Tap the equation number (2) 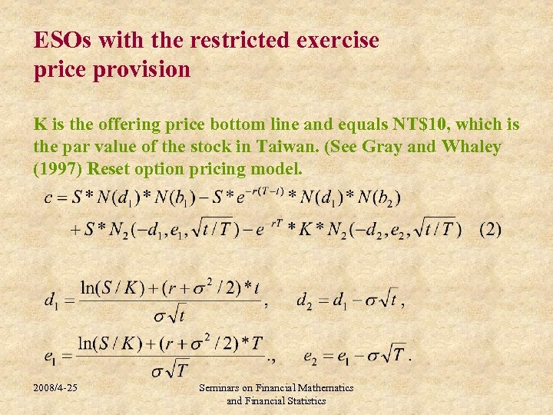489,229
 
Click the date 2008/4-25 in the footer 55,389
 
